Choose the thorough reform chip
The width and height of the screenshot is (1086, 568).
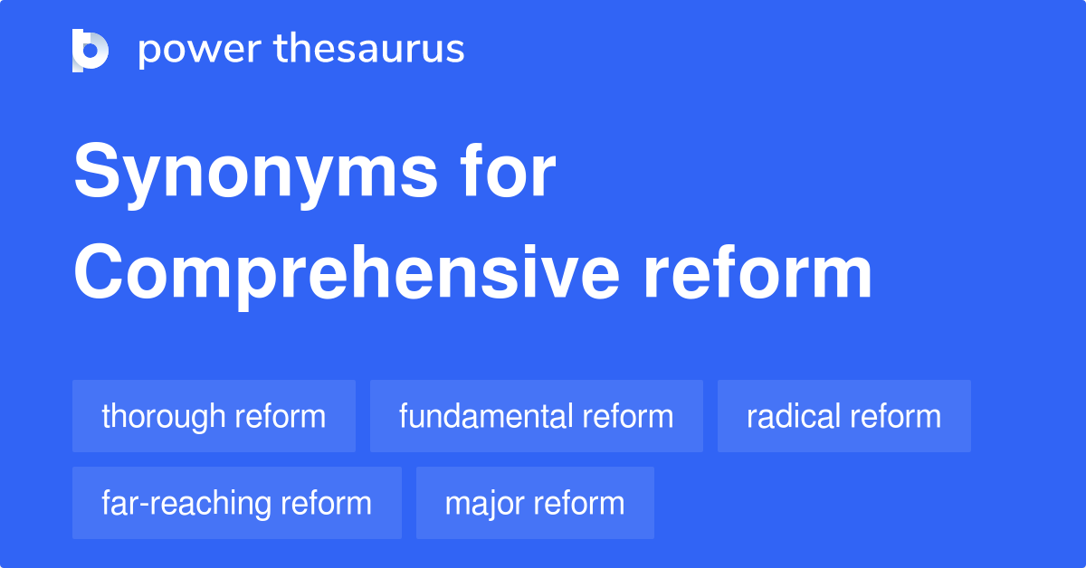coord(214,416)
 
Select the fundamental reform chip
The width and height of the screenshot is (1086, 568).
coord(536,416)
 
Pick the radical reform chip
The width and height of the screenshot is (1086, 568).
coord(843,416)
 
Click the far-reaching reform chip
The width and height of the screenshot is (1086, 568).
coord(236,503)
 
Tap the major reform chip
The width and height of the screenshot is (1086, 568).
coord(535,503)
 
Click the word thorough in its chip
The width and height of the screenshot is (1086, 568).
coord(164,416)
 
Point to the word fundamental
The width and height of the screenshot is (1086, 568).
coord(486,416)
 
